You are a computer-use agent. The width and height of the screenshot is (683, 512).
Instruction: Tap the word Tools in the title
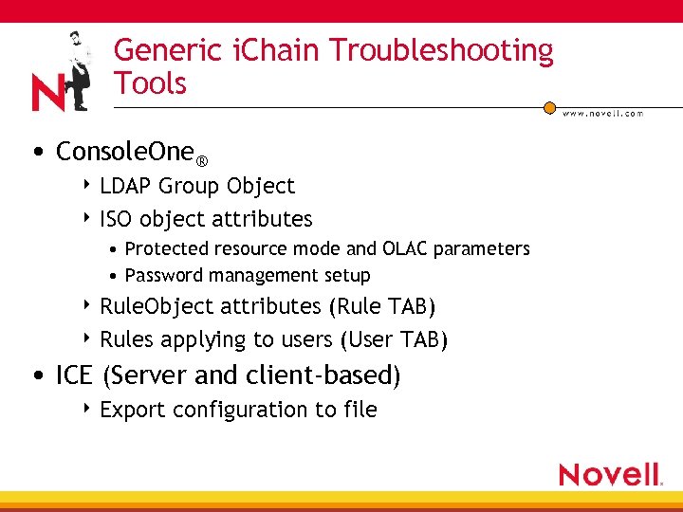coord(150,83)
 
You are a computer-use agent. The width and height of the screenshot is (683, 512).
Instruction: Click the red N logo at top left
coord(47,93)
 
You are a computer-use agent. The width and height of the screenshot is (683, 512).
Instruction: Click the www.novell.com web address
coord(602,113)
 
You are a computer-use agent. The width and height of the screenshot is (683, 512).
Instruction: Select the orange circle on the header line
coord(549,107)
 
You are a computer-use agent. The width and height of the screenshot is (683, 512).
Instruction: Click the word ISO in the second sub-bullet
coord(116,219)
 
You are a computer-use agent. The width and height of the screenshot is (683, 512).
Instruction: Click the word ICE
coord(74,375)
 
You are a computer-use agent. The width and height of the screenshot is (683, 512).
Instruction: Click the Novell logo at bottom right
coord(610,474)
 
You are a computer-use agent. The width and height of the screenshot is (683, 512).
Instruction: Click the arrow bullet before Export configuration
coord(87,409)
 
